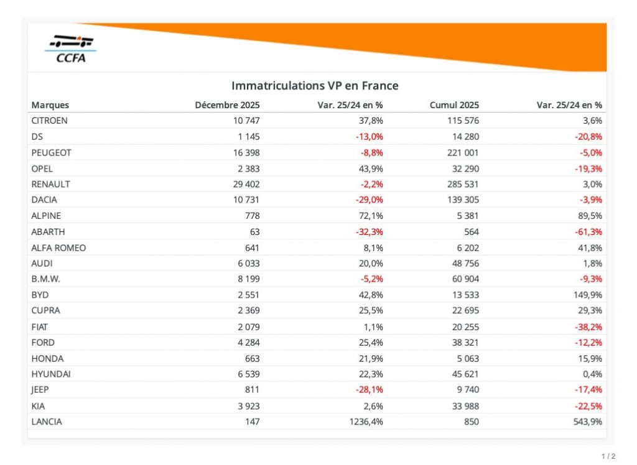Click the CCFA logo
pos(72,49)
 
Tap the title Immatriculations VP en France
pos(315,86)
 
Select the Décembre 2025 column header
pos(227,105)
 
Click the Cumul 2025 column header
pos(454,105)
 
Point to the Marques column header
pos(50,105)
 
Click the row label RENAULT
pos(50,184)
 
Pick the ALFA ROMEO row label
pos(58,248)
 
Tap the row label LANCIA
pos(47,422)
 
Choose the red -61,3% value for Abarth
pos(588,232)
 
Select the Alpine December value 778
pos(252,216)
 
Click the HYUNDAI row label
pos(52,374)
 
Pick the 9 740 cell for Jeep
pos(467,390)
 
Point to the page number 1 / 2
pos(608,456)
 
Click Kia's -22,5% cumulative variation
pos(588,406)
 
